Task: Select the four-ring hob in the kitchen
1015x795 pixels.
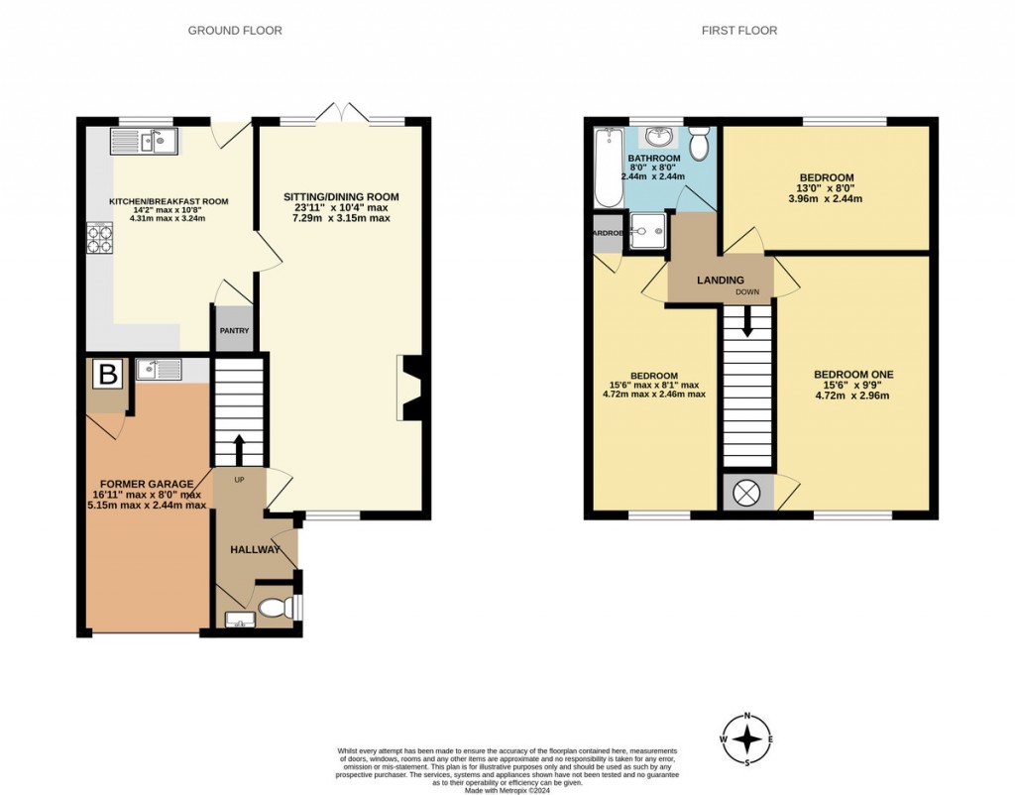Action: pyautogui.click(x=100, y=239)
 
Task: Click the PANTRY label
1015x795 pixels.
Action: pyautogui.click(x=234, y=331)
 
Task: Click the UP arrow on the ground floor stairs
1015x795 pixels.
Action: pyautogui.click(x=239, y=447)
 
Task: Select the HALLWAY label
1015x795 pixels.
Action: pyautogui.click(x=256, y=549)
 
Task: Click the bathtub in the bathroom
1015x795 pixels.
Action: pyautogui.click(x=608, y=169)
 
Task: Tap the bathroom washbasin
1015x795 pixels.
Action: pyautogui.click(x=657, y=137)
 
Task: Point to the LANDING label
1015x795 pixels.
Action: pyautogui.click(x=720, y=281)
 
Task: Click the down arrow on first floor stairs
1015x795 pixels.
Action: pyautogui.click(x=747, y=320)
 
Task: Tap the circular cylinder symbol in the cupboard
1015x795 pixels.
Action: pyautogui.click(x=746, y=492)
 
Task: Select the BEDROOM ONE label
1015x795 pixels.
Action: pyautogui.click(x=853, y=375)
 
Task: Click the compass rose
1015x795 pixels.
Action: pyautogui.click(x=750, y=739)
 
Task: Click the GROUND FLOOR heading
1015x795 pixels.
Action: pyautogui.click(x=235, y=31)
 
